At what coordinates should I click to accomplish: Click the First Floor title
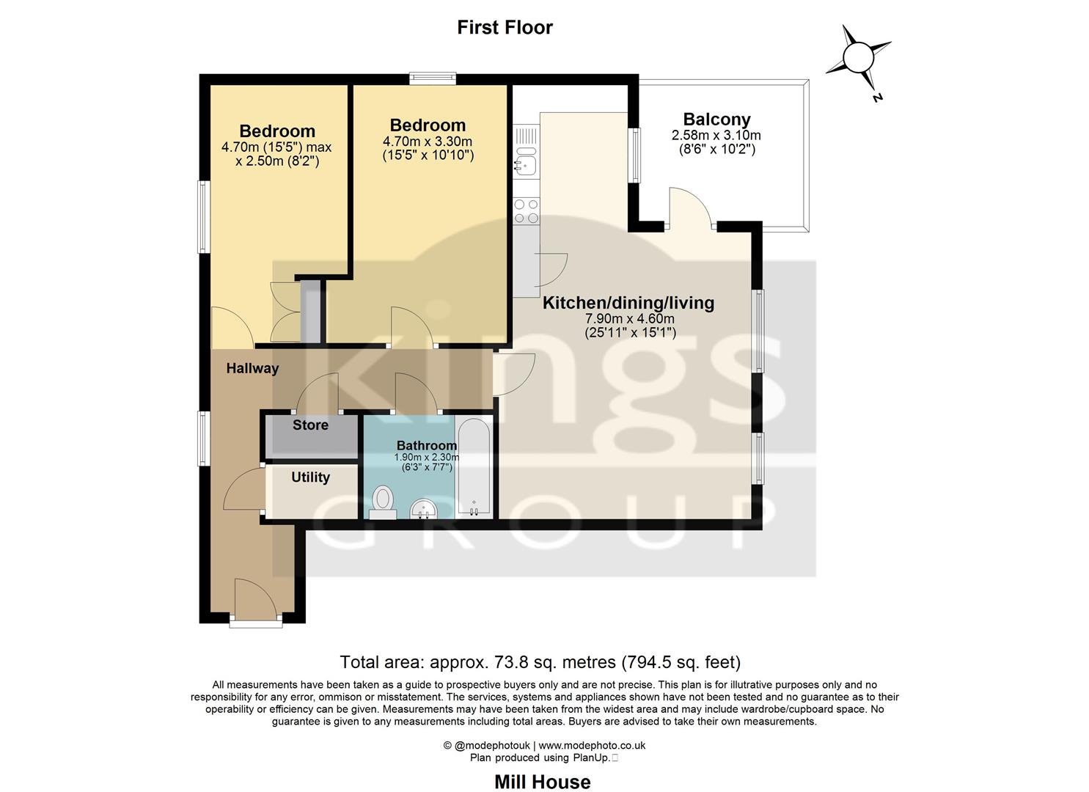tap(505, 27)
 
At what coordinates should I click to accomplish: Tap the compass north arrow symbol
tap(857, 57)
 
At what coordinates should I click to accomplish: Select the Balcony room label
tap(716, 120)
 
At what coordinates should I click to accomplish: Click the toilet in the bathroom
tap(383, 502)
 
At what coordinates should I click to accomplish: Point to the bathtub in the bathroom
tap(473, 468)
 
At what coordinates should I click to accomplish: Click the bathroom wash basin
tap(422, 508)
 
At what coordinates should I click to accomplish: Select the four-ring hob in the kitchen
tap(526, 211)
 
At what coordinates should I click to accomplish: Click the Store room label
tap(310, 425)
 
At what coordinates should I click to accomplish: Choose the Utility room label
tap(310, 477)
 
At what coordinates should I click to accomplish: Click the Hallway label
tap(252, 368)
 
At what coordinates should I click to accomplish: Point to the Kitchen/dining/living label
tap(628, 302)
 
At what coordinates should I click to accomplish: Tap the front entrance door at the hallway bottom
tap(255, 600)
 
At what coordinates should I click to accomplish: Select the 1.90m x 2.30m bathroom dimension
tap(427, 457)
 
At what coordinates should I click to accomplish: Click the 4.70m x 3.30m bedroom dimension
tap(428, 142)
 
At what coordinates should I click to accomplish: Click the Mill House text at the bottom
tap(542, 782)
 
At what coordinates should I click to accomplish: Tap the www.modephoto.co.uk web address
tap(592, 745)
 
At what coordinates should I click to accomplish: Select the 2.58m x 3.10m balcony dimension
tap(716, 136)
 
